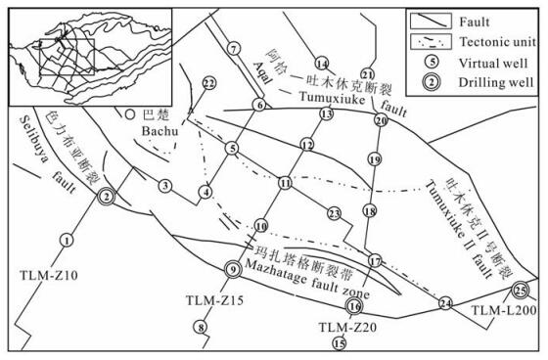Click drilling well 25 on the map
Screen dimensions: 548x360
[520, 290]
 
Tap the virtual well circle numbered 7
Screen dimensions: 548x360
[234, 48]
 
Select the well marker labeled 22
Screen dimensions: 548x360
[208, 83]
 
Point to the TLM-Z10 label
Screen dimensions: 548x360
[49, 276]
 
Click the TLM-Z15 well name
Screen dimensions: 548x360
[214, 300]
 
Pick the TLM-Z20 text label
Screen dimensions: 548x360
[347, 327]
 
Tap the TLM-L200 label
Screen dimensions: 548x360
[504, 310]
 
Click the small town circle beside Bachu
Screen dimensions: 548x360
[129, 113]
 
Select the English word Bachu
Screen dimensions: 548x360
[160, 131]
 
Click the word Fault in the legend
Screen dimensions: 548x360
[475, 22]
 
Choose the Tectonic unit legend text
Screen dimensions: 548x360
[497, 42]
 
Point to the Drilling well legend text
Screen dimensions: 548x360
[496, 82]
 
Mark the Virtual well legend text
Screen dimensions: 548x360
[493, 64]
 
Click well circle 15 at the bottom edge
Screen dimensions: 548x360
[339, 343]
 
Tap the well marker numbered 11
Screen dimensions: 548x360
[285, 183]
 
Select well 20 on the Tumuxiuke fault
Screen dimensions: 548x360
[381, 120]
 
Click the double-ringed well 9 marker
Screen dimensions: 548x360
[233, 269]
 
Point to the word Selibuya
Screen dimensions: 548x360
[32, 139]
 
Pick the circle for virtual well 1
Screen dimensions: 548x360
[67, 240]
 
